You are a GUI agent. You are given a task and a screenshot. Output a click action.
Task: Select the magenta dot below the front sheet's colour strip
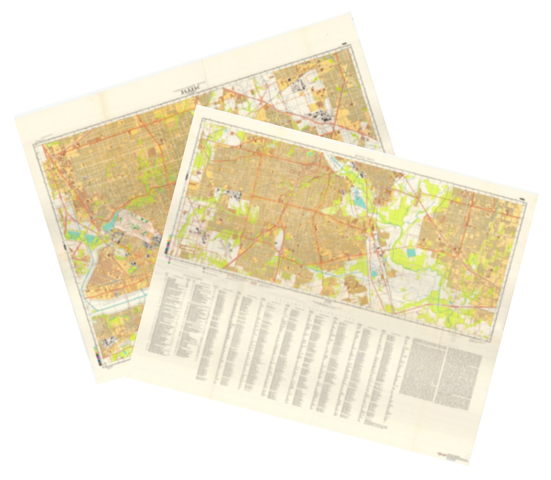coord(169,259)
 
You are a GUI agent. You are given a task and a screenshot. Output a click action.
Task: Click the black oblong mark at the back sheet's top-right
coord(344,43)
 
